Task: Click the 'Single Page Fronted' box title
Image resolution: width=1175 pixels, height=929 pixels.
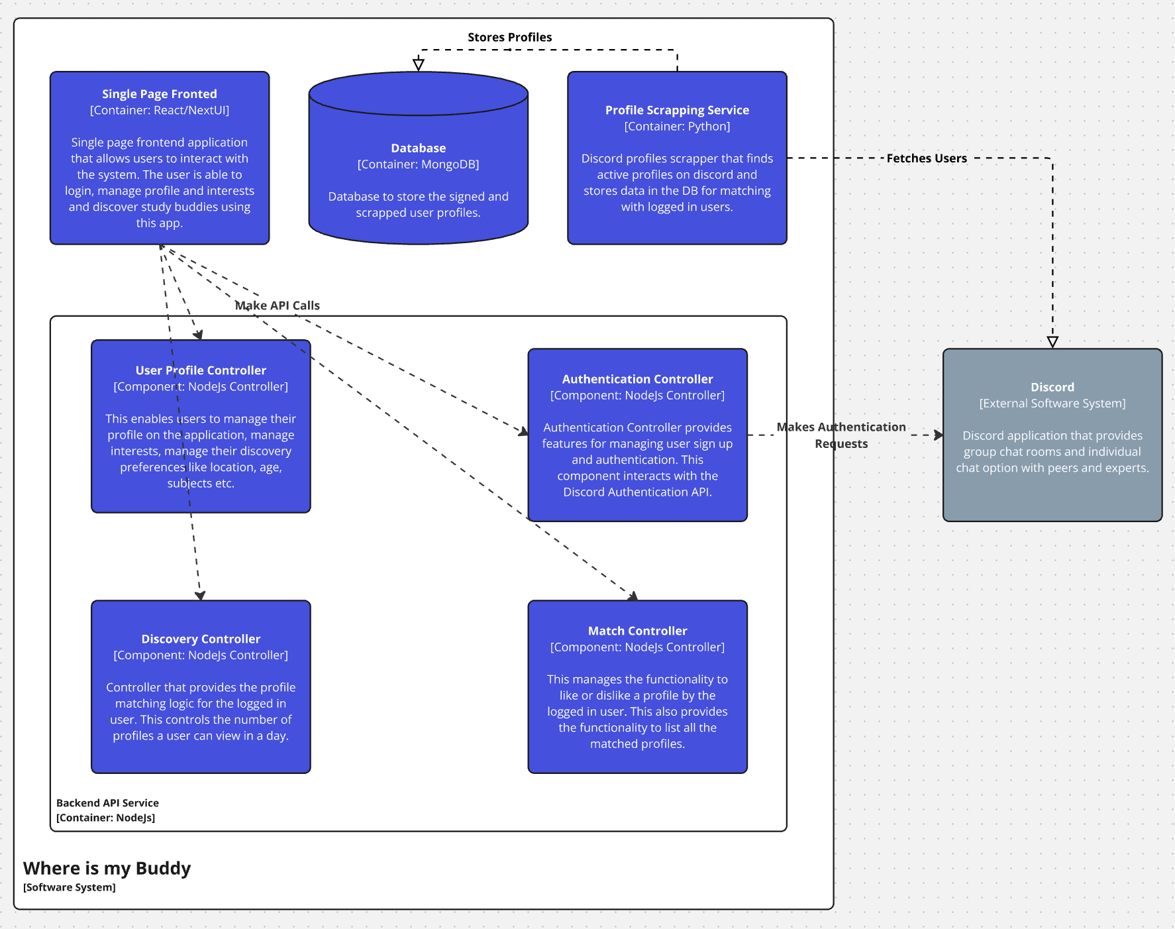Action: click(x=159, y=94)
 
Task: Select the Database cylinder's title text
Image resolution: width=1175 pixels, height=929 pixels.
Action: click(x=418, y=148)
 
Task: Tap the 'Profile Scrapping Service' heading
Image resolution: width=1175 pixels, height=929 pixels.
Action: click(x=677, y=110)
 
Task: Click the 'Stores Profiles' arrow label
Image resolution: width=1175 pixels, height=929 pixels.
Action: click(x=509, y=37)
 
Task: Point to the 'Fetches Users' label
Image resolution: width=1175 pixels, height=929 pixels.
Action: click(x=926, y=158)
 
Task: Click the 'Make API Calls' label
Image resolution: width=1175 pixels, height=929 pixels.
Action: click(x=278, y=305)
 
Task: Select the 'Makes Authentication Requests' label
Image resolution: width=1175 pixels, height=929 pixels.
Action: click(x=841, y=435)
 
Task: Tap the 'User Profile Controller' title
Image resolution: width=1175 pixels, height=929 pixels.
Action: click(x=201, y=370)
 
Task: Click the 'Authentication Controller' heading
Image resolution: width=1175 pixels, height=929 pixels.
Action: click(x=637, y=379)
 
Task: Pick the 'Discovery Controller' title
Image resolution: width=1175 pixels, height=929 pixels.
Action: click(x=201, y=639)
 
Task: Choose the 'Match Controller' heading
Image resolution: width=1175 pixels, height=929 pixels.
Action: click(x=637, y=631)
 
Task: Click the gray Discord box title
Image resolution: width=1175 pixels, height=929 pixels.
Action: click(x=1052, y=387)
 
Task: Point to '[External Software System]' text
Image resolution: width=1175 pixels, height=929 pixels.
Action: click(x=1052, y=404)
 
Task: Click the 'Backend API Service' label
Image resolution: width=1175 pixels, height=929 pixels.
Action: click(x=107, y=803)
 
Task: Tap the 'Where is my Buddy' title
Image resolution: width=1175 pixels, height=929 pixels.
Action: click(x=107, y=868)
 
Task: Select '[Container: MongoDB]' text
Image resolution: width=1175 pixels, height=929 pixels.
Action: click(x=418, y=164)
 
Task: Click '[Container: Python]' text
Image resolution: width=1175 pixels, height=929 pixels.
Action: click(x=677, y=127)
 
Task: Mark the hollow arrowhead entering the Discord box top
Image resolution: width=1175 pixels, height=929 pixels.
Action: click(x=1052, y=342)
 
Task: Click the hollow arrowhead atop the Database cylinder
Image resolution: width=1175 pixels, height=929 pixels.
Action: click(x=419, y=64)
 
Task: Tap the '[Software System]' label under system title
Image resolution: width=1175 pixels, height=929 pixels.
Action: click(x=69, y=887)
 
